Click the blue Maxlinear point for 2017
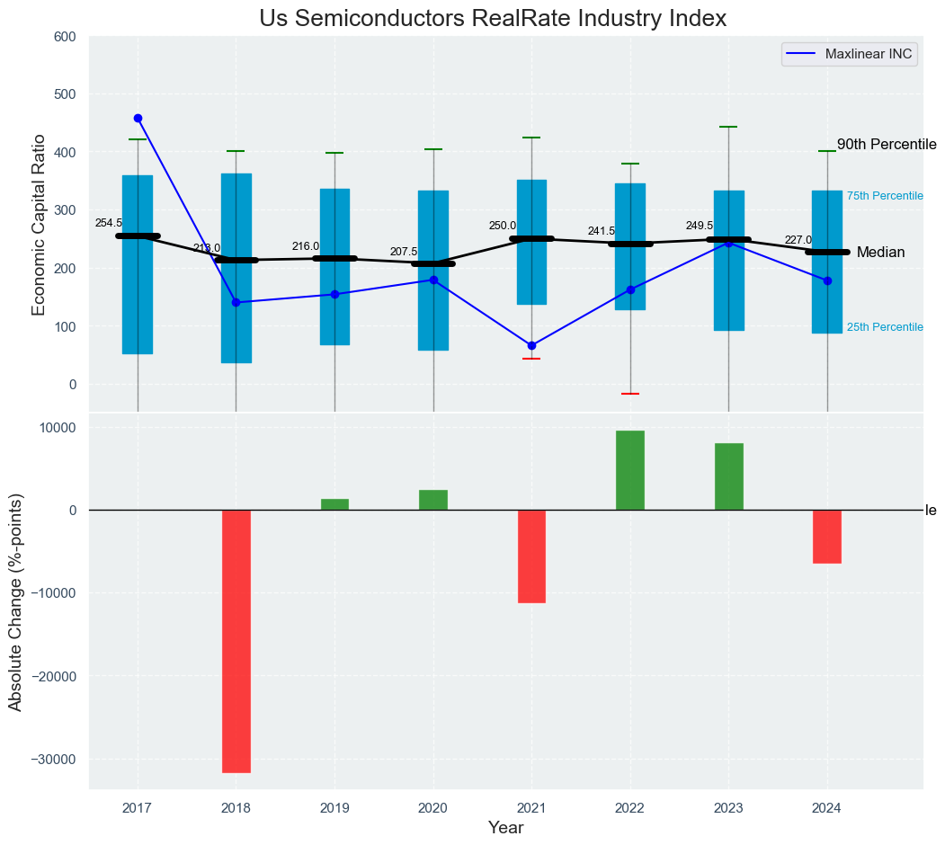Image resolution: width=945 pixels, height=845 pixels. (x=138, y=118)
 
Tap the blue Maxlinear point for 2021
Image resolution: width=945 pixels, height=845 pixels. (x=531, y=345)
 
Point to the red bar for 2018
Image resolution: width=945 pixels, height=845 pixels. (x=236, y=641)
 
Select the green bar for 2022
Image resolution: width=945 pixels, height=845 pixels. (x=630, y=470)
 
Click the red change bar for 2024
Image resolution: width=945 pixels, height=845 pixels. (x=827, y=537)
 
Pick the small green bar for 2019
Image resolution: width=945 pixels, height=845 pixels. (x=334, y=504)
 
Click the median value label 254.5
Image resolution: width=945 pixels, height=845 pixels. (x=108, y=223)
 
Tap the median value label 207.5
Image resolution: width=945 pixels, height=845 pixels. (x=403, y=252)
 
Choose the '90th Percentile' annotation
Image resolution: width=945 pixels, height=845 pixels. (x=887, y=145)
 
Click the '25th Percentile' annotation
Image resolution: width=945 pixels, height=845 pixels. (x=885, y=327)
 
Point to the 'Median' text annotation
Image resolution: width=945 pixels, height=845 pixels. (x=880, y=253)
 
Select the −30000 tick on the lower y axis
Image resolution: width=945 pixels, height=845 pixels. (x=53, y=760)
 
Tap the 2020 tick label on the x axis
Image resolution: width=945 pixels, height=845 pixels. (x=433, y=807)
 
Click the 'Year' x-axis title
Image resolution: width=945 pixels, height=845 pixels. (x=505, y=828)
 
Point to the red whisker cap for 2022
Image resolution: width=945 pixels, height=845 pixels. (x=630, y=394)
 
